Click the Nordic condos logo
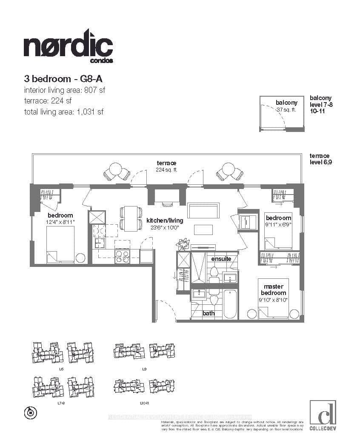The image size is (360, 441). tap(68, 47)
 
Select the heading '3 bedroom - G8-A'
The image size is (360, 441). tap(64, 79)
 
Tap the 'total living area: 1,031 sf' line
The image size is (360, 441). tap(63, 112)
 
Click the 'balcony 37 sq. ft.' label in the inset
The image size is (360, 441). tap(286, 106)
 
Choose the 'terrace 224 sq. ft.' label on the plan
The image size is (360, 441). tap(166, 166)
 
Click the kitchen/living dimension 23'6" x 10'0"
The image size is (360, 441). tap(165, 227)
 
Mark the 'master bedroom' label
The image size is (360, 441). tap(274, 290)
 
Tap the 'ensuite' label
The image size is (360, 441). tap(221, 258)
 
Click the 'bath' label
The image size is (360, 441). tap(209, 313)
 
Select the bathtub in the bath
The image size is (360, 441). tap(230, 304)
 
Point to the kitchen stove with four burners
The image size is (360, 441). tap(122, 256)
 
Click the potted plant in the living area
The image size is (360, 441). tap(183, 244)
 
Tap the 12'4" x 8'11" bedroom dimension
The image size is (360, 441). tap(60, 222)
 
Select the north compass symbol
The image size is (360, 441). tap(31, 412)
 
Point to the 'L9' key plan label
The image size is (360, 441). tap(144, 369)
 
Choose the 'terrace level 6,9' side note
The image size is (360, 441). tap(320, 159)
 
